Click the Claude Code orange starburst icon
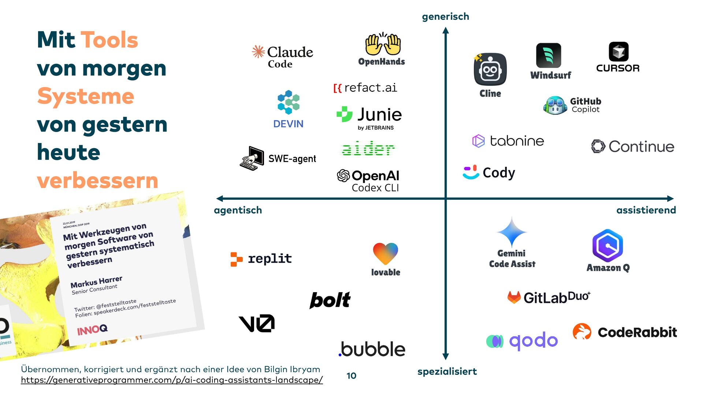(258, 52)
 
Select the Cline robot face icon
(490, 69)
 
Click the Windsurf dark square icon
(548, 56)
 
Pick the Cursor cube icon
(618, 52)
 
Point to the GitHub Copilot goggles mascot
(555, 105)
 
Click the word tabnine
(517, 141)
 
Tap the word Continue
(641, 147)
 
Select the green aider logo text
(368, 148)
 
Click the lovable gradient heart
(385, 253)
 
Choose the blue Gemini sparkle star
(512, 232)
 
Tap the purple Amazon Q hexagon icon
(607, 245)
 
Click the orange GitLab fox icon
(514, 297)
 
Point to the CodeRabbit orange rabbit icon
(582, 331)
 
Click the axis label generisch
(445, 16)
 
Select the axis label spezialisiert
(447, 372)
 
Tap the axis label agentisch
(238, 210)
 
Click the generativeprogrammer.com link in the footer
(172, 380)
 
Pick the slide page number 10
(351, 376)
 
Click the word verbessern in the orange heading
(98, 181)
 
